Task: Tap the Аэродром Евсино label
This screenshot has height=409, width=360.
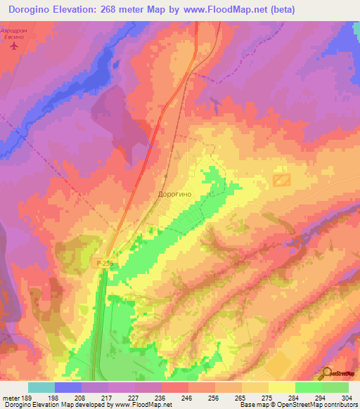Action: [x=15, y=36]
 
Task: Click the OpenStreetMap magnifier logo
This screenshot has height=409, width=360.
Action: [x=328, y=374]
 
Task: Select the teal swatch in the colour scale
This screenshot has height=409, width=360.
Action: [x=41, y=387]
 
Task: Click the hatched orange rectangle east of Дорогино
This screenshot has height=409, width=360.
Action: [x=282, y=180]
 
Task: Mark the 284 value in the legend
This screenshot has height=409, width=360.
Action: [x=292, y=397]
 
